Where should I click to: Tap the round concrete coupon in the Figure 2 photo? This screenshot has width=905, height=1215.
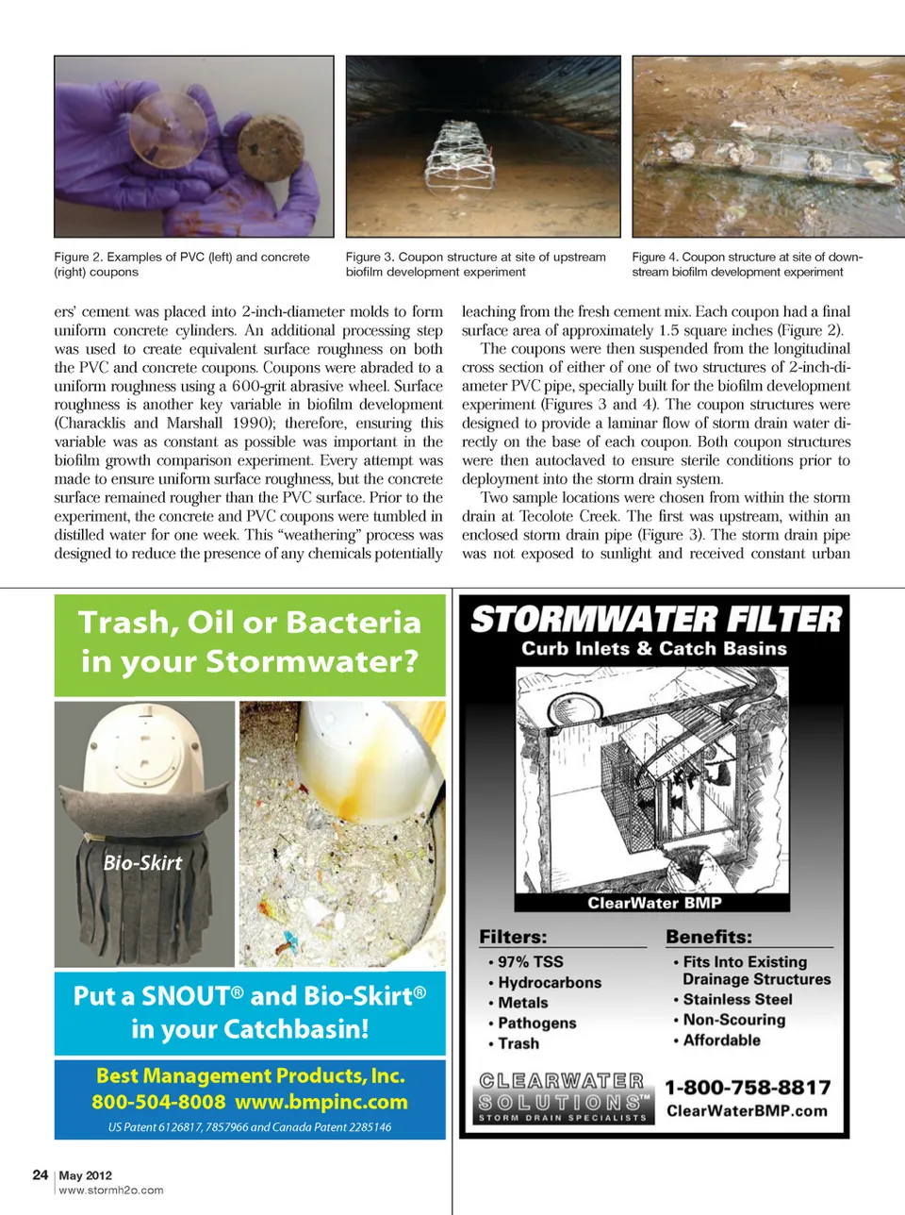click(x=270, y=148)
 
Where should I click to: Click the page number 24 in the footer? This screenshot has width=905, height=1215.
click(x=40, y=1174)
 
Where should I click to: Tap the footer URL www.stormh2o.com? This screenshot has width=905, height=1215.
click(x=111, y=1190)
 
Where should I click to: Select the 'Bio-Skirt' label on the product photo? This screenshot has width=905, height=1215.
click(x=142, y=862)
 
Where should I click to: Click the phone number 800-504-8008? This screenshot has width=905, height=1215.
click(x=158, y=1102)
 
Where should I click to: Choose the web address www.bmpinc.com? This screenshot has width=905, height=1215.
click(x=321, y=1102)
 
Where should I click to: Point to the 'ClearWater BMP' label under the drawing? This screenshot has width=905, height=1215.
click(x=654, y=903)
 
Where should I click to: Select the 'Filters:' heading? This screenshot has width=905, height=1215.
click(x=513, y=937)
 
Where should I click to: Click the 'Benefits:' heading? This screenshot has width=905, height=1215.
click(x=709, y=937)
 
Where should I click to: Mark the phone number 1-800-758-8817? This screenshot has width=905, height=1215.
click(x=748, y=1088)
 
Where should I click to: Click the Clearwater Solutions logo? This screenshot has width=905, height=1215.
click(x=563, y=1097)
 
